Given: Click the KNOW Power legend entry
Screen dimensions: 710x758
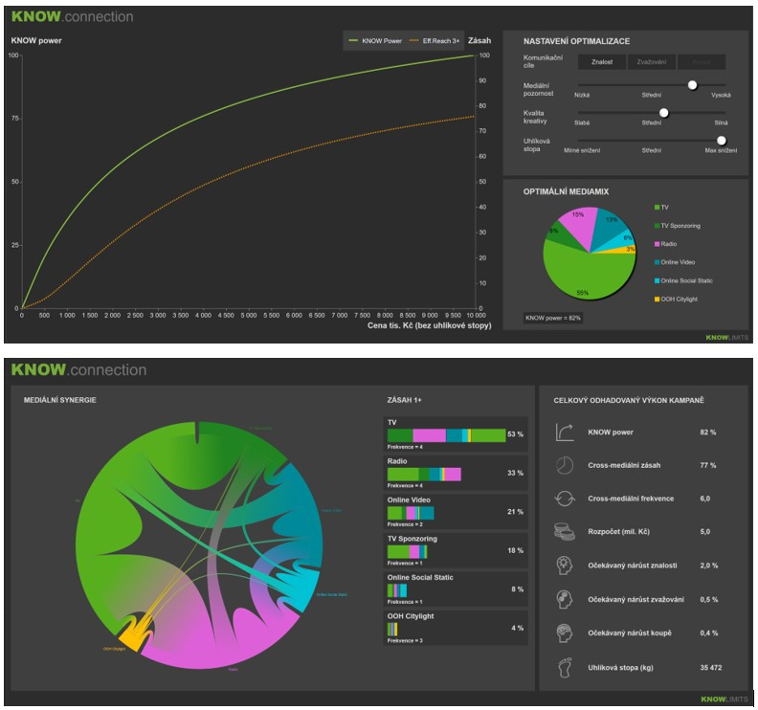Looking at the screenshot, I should click(376, 41).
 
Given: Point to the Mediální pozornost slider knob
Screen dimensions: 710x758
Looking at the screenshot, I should click(692, 84).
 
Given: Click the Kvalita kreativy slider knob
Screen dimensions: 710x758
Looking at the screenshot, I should click(663, 112).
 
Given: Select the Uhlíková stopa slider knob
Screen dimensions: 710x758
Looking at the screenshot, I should click(722, 140).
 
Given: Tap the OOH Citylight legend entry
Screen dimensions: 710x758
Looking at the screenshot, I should click(681, 300).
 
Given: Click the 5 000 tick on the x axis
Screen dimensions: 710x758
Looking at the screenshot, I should click(247, 315).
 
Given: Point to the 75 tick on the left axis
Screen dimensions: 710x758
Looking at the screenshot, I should click(14, 119).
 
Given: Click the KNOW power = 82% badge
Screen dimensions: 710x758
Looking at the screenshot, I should click(553, 318).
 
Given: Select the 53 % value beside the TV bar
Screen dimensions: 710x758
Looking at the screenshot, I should click(516, 434).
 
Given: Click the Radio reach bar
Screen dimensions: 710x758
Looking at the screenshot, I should click(424, 474).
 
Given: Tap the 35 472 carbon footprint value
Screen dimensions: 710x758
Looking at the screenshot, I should click(708, 668).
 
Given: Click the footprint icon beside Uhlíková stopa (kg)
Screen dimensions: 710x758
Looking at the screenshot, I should click(564, 668).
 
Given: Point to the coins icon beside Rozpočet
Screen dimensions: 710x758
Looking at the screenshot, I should click(564, 532).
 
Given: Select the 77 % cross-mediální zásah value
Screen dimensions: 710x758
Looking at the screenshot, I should click(708, 465).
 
